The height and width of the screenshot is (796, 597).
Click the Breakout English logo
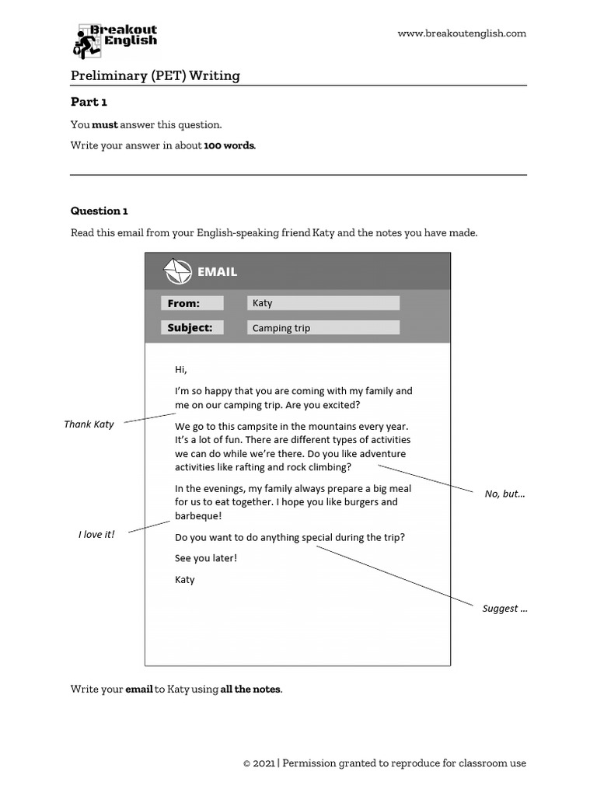[115, 41]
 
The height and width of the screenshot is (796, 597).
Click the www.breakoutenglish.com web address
[462, 33]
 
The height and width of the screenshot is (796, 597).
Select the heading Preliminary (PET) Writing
[155, 75]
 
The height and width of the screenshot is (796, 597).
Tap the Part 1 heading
[89, 102]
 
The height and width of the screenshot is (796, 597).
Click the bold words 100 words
[229, 145]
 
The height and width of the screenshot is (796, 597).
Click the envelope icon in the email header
[177, 272]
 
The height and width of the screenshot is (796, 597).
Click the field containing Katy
[323, 303]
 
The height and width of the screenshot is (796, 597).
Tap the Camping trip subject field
[323, 328]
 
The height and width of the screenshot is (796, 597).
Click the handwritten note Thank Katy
[89, 424]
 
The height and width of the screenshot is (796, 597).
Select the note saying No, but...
[504, 494]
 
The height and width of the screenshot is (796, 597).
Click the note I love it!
[96, 535]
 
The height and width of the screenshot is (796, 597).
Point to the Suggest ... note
[504, 609]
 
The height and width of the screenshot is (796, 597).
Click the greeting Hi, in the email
[181, 369]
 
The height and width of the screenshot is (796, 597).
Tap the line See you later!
[206, 558]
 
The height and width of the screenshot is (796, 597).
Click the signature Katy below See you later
[185, 580]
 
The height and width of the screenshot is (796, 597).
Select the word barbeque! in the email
[198, 515]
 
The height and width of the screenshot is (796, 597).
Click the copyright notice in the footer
[385, 763]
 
